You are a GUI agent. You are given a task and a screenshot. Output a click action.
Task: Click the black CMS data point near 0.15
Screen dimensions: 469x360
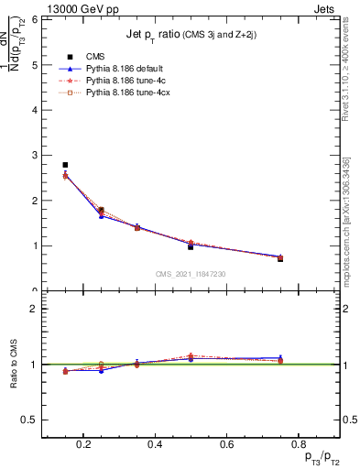pyautogui.click(x=65, y=165)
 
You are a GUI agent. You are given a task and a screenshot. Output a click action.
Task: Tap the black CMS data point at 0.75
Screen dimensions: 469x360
pyautogui.click(x=280, y=259)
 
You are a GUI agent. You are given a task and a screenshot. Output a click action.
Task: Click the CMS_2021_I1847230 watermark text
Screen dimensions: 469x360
pyautogui.click(x=191, y=274)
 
